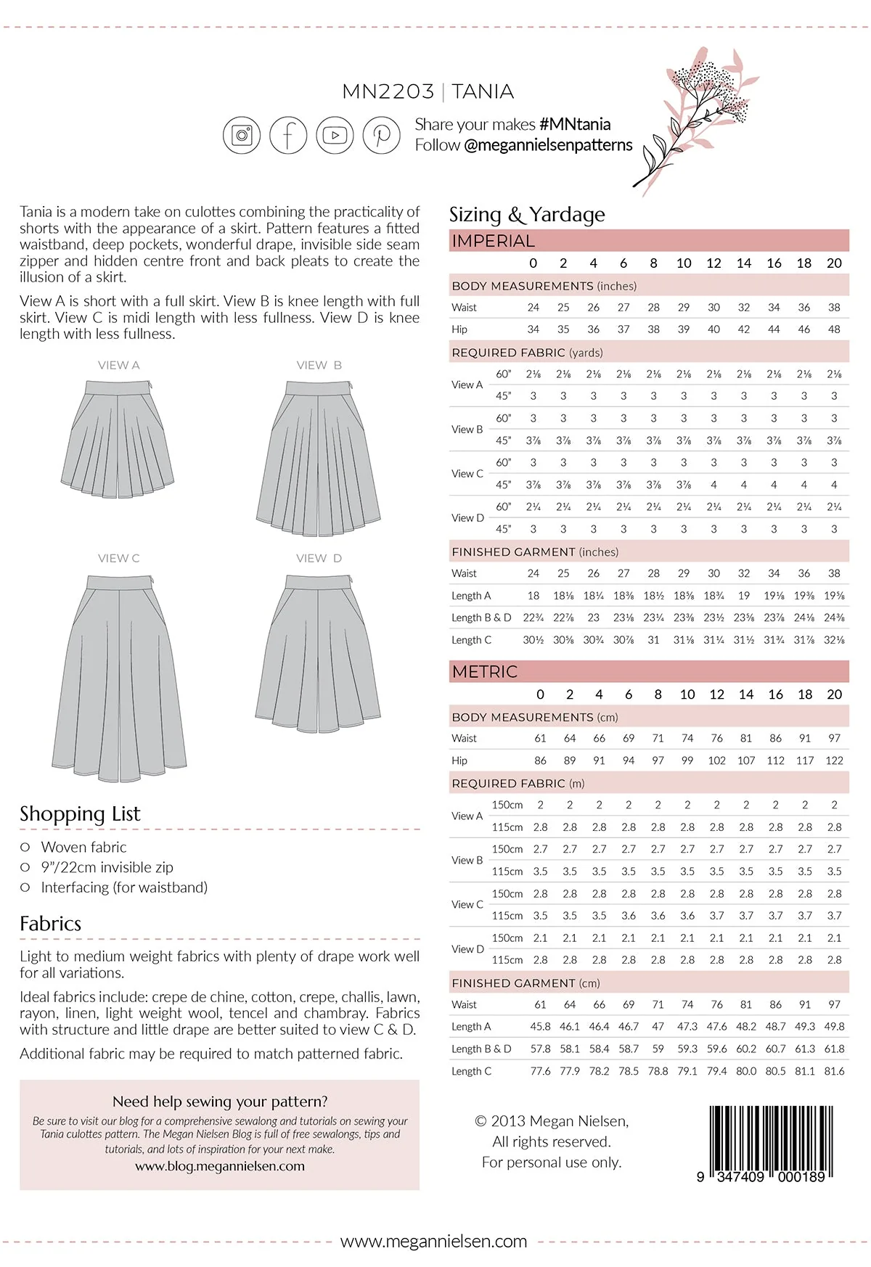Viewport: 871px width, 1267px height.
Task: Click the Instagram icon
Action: click(x=242, y=135)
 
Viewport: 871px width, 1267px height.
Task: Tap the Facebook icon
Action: click(x=288, y=135)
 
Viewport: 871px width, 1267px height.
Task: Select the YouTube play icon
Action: click(x=335, y=135)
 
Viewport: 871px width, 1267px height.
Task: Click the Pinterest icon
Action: click(x=382, y=135)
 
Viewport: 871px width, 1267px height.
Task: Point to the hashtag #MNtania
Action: click(x=575, y=124)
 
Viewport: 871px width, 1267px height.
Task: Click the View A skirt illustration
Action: click(x=118, y=439)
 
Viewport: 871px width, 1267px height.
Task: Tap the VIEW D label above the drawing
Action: click(x=319, y=558)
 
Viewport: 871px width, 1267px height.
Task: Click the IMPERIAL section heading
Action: click(x=493, y=241)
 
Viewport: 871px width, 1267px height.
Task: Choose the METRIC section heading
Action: click(x=485, y=671)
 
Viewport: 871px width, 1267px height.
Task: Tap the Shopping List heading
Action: click(x=80, y=813)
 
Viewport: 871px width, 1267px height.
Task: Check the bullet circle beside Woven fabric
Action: click(x=25, y=847)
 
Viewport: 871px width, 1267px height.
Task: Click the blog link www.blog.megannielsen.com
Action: click(x=219, y=1166)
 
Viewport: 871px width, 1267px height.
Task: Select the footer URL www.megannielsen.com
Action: click(x=433, y=1241)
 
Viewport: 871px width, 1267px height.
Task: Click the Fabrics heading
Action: click(x=50, y=923)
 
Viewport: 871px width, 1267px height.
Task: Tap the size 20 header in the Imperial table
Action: click(x=834, y=263)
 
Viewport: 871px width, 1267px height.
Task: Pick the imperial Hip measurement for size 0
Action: click(x=533, y=329)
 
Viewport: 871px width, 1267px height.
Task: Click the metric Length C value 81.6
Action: click(x=834, y=1071)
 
